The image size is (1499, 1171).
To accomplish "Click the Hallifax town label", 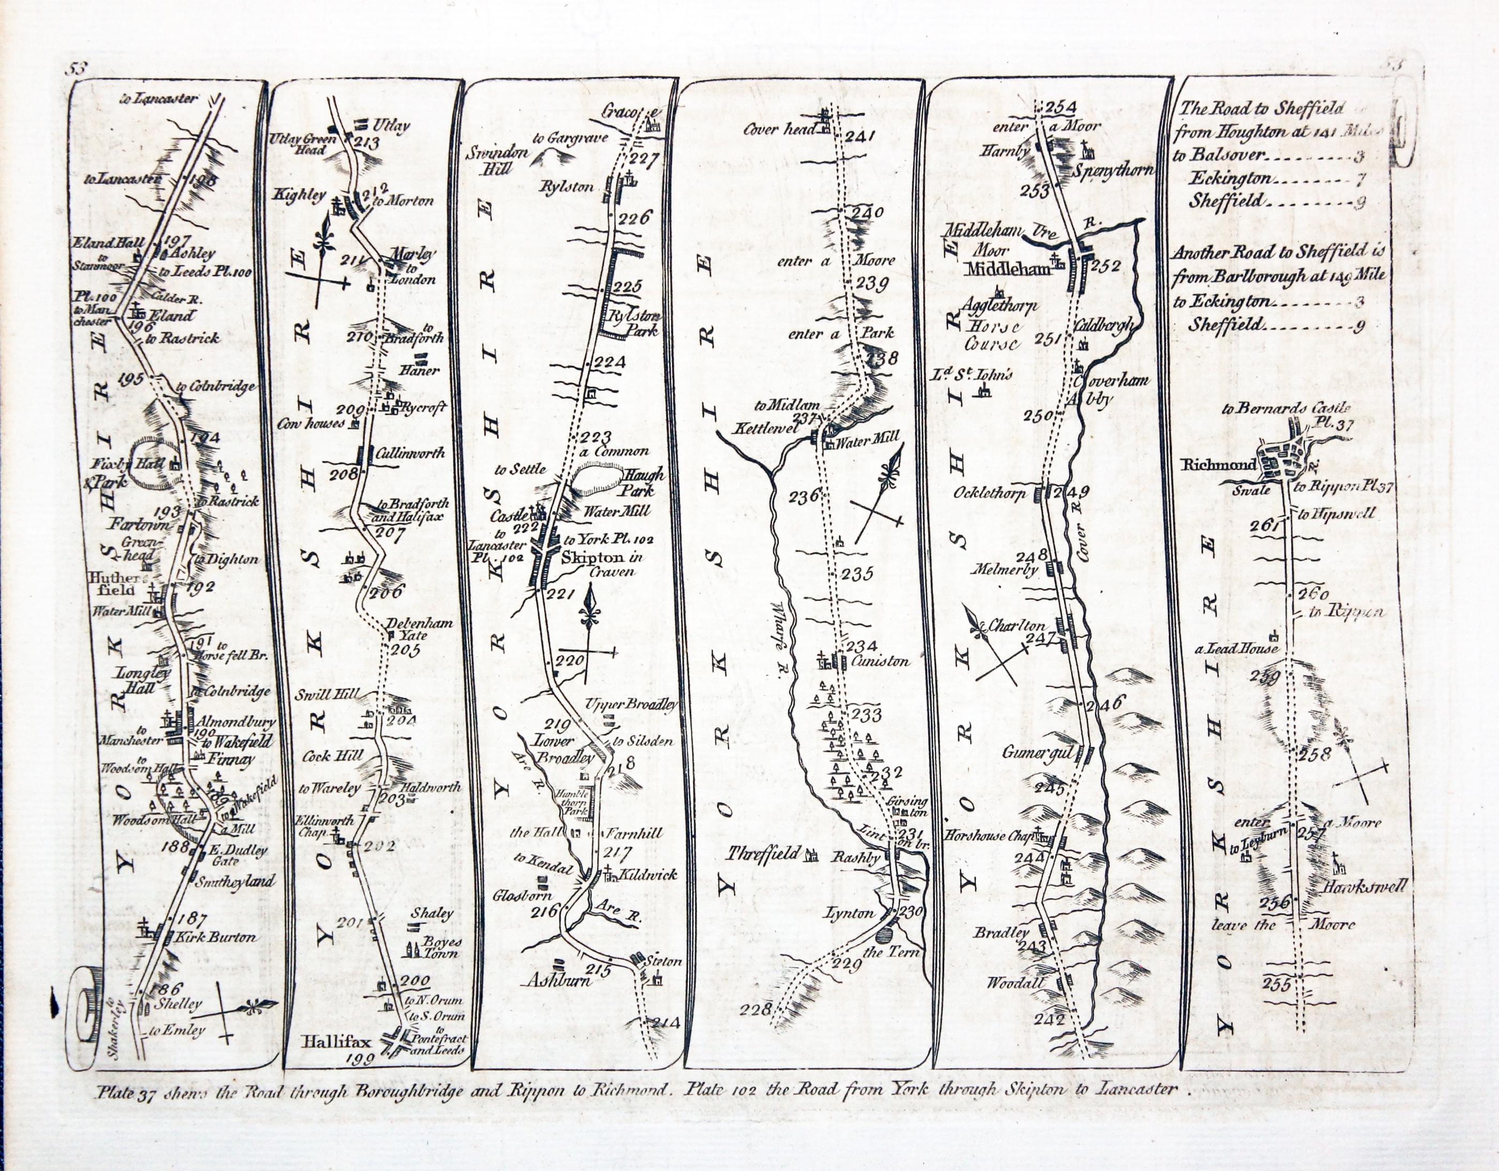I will point(336,1041).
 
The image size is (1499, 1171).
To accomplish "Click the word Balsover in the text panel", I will point(1229,155).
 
